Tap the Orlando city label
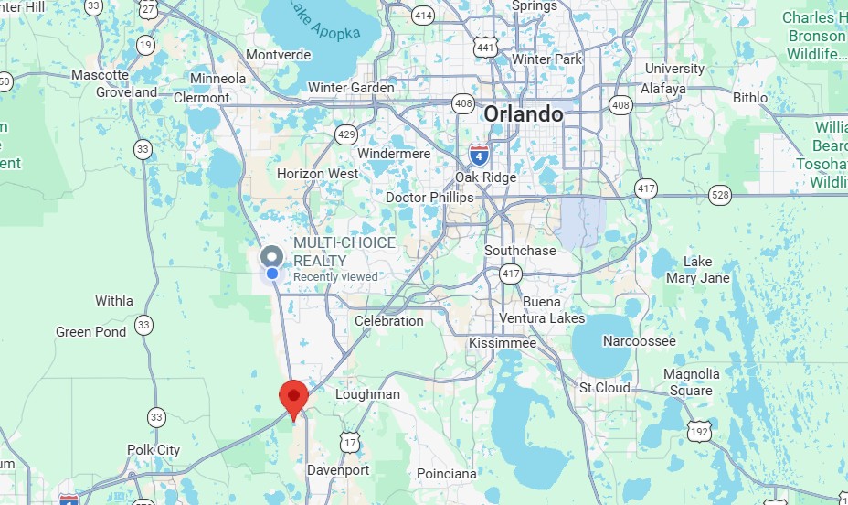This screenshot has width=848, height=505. [524, 114]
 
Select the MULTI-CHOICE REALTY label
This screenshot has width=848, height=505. [344, 243]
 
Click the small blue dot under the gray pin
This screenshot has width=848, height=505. [271, 274]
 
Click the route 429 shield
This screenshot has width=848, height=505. [346, 135]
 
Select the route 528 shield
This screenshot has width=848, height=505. [719, 195]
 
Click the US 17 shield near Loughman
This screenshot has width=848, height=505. [350, 442]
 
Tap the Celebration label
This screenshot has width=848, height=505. [389, 321]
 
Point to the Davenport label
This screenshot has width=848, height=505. [338, 470]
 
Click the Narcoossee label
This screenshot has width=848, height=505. [640, 341]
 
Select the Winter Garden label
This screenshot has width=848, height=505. [352, 88]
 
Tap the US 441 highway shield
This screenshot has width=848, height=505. [485, 48]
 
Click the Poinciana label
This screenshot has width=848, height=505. [447, 474]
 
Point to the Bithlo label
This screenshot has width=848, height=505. [750, 97]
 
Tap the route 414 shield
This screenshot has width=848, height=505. [423, 16]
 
